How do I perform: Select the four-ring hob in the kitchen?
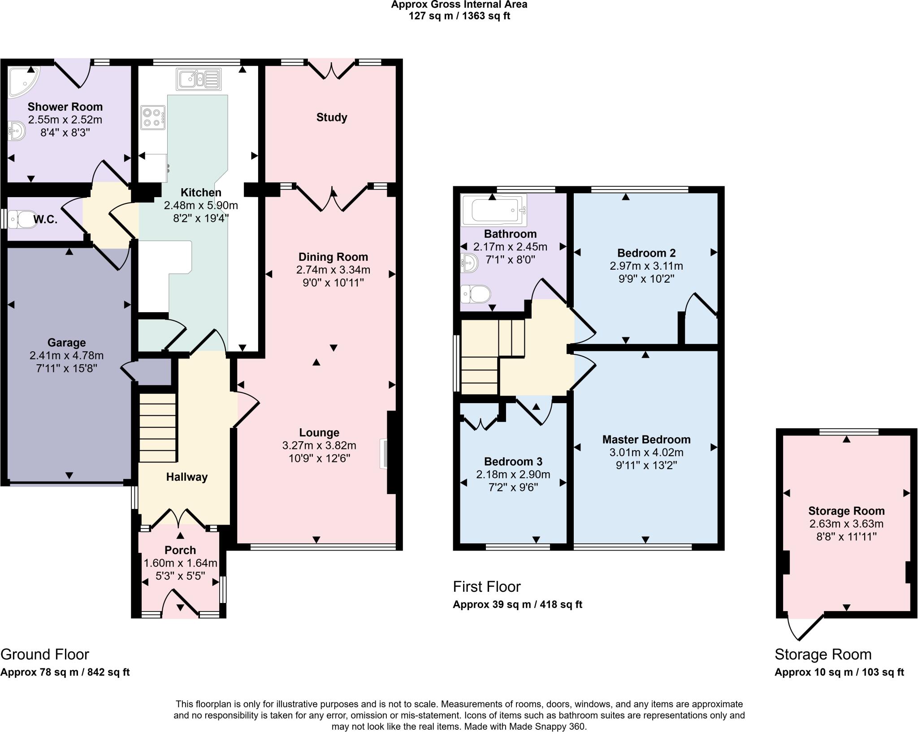[x=152, y=117]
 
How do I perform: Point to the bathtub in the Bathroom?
[x=494, y=210]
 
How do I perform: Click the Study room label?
[x=332, y=117]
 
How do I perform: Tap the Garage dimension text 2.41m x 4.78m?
[x=66, y=355]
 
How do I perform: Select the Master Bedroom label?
[x=646, y=439]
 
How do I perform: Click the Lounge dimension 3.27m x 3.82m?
[x=319, y=445]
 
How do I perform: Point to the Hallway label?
[x=186, y=477]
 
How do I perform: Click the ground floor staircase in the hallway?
[x=157, y=427]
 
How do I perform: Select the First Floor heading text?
[x=486, y=586]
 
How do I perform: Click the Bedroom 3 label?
[x=513, y=461]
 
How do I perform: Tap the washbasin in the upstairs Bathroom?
[x=469, y=263]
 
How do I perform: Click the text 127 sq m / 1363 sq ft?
[x=459, y=16]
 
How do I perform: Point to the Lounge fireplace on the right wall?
[x=385, y=453]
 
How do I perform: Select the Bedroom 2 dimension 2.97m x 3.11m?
[x=646, y=266]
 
